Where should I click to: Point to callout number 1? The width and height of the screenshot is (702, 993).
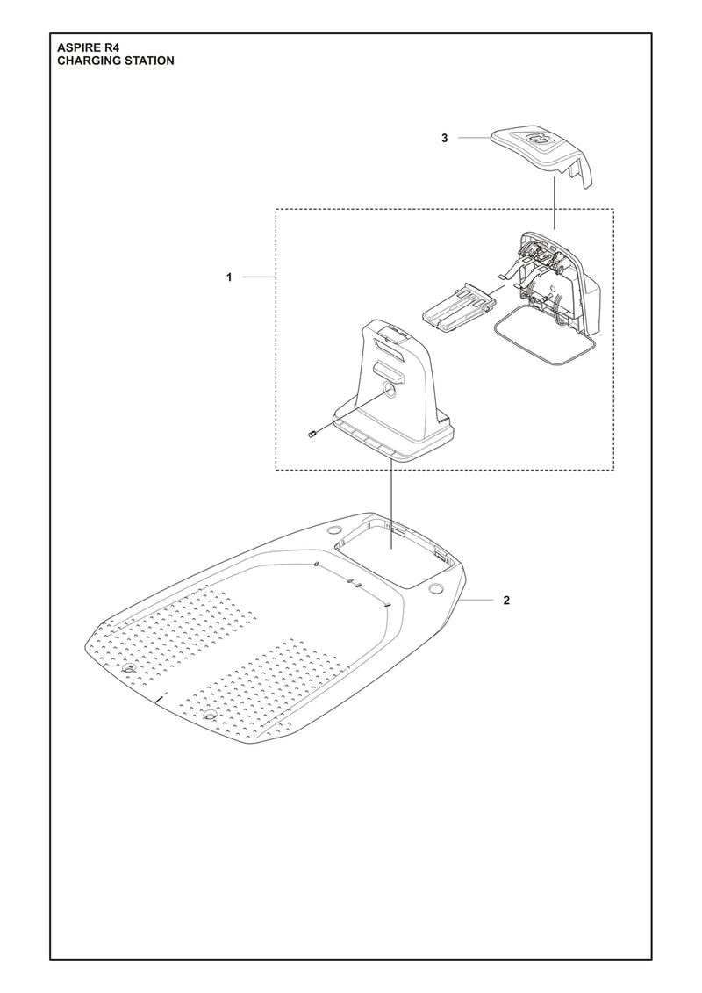pyautogui.click(x=228, y=277)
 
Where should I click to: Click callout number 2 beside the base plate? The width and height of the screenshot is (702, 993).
pyautogui.click(x=506, y=601)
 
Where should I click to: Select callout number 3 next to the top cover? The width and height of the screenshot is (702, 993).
pyautogui.click(x=445, y=139)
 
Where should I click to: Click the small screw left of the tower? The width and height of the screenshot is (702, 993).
pyautogui.click(x=312, y=434)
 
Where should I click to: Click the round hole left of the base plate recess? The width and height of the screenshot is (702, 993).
pyautogui.click(x=333, y=532)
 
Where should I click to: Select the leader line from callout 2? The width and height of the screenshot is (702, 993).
pyautogui.click(x=482, y=601)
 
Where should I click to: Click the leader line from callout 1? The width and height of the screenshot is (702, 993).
pyautogui.click(x=258, y=277)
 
